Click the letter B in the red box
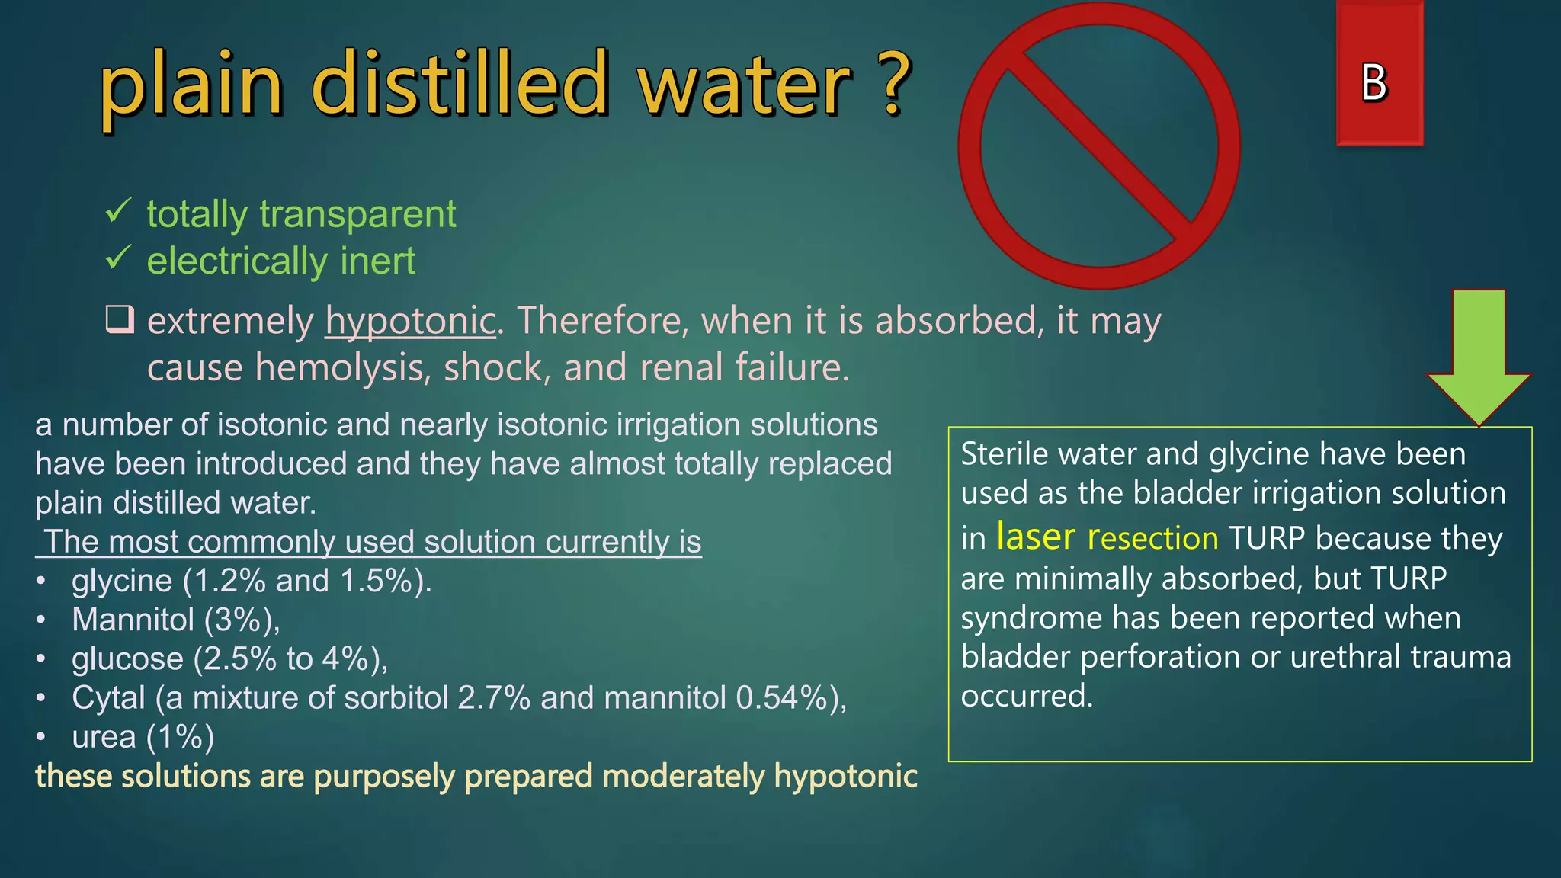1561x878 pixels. (1374, 82)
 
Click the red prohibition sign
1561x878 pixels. (1098, 145)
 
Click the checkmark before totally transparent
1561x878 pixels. (118, 210)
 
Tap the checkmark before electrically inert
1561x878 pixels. (118, 258)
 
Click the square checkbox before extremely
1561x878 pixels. (120, 319)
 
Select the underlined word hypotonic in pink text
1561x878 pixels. (411, 321)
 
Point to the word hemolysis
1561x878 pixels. (339, 368)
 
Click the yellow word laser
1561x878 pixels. (1035, 537)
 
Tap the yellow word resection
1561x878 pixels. (1152, 538)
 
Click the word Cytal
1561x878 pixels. (108, 698)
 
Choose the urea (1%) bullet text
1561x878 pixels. (143, 737)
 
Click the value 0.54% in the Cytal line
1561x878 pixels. (781, 698)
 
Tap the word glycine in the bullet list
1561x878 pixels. (122, 581)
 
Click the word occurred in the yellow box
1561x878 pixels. (1026, 696)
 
